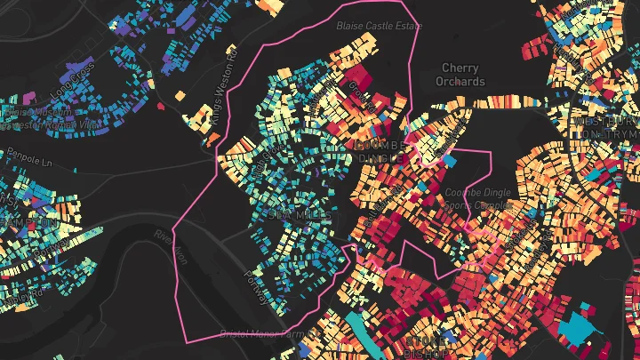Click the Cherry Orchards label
pos(460,75)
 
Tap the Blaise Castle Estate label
pos(379,26)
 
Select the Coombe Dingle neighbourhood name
pos(380,151)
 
